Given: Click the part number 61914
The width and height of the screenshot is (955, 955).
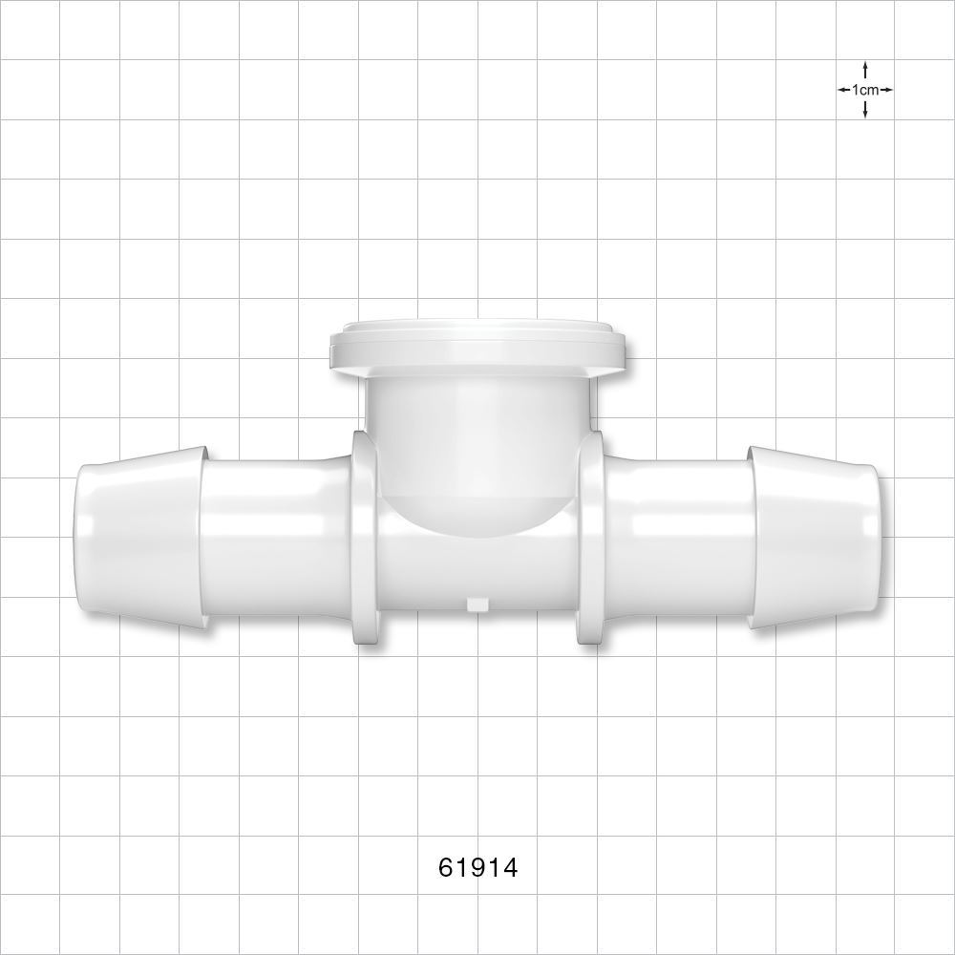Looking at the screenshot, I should pyautogui.click(x=477, y=867).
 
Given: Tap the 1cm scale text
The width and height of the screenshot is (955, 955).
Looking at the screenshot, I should pyautogui.click(x=865, y=90).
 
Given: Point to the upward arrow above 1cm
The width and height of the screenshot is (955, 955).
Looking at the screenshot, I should pyautogui.click(x=865, y=70).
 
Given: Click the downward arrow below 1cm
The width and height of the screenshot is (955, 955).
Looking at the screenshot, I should pyautogui.click(x=865, y=110).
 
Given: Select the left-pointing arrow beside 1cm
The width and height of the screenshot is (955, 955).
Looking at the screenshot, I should pyautogui.click(x=843, y=90).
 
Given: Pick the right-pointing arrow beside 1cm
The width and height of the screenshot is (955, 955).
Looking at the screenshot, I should pyautogui.click(x=887, y=90).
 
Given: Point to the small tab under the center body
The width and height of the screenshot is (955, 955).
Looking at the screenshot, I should pyautogui.click(x=475, y=603).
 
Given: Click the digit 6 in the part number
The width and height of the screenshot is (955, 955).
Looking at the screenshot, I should pyautogui.click(x=446, y=867).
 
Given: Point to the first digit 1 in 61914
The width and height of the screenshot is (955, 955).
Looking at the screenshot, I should pyautogui.click(x=462, y=867).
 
